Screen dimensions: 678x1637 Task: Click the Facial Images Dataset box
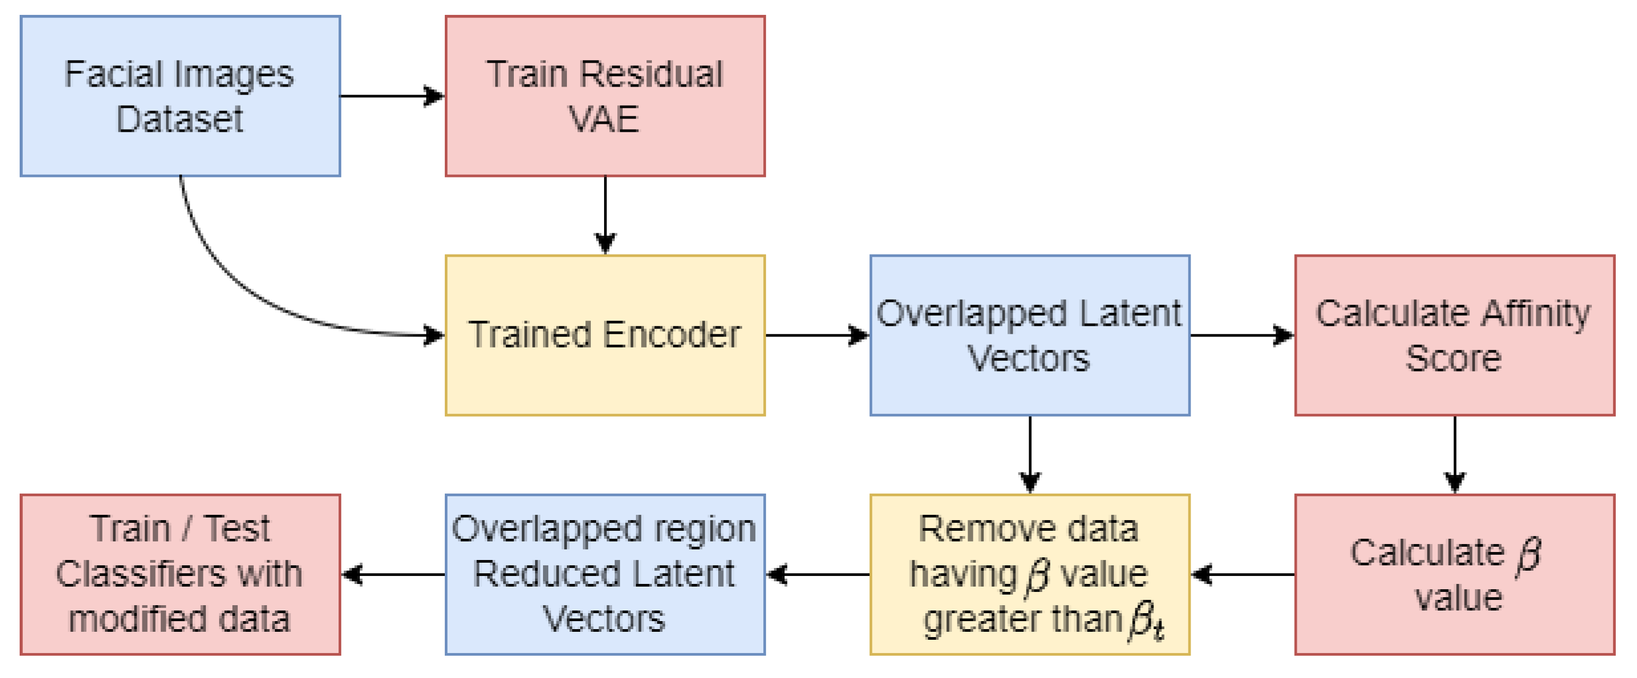coord(180,96)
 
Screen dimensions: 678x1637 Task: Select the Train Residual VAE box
coord(605,96)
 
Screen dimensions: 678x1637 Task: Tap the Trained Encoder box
coord(605,335)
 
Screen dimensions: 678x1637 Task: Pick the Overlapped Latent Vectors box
coord(1029,335)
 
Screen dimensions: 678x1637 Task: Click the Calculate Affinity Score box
coord(1454,335)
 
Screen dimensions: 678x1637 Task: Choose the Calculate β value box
coord(1454,574)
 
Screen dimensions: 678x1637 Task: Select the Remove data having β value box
coord(1029,574)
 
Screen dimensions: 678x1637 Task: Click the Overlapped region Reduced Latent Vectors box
coord(605,574)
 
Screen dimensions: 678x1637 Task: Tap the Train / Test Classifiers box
coord(180,574)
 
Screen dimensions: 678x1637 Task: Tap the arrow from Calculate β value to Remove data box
coord(1243,574)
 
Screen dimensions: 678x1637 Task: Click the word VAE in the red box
coord(603,119)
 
